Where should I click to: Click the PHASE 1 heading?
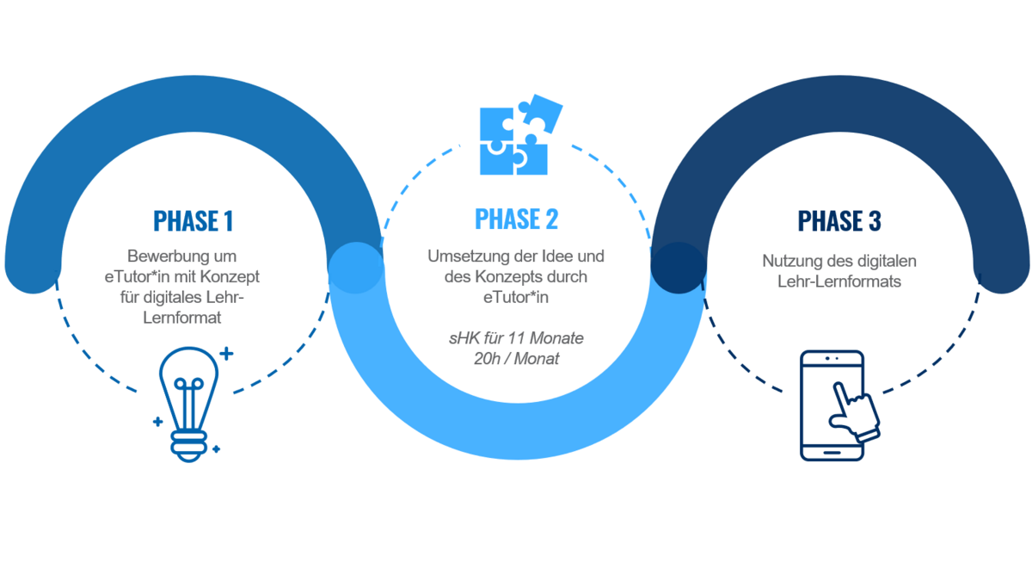coord(193,221)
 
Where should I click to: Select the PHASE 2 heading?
coord(516,219)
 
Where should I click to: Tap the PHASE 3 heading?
coord(838,221)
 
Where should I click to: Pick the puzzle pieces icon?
coord(518,136)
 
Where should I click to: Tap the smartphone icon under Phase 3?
coord(832,405)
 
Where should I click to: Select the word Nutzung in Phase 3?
coord(789,261)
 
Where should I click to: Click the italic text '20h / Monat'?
coord(516,358)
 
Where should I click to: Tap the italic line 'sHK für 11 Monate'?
coord(516,338)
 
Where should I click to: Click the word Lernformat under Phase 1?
coord(193,318)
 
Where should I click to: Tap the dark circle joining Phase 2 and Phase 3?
coord(678,268)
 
